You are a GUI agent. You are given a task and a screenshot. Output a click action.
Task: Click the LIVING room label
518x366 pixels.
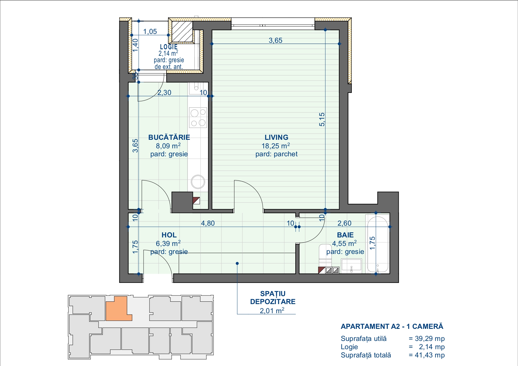pos(276,137)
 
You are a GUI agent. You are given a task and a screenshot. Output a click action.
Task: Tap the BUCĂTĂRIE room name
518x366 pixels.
pos(169,137)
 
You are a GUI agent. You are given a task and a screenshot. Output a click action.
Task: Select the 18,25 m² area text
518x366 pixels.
pos(276,146)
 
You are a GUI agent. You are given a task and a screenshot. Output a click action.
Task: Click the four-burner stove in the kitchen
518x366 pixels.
pos(198,117)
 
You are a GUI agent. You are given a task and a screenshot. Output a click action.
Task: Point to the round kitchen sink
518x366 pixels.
pos(198,182)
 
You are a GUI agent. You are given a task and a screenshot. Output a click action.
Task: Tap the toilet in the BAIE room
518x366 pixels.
pos(325,253)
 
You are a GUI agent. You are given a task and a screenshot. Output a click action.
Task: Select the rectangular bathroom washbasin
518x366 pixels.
pos(351,265)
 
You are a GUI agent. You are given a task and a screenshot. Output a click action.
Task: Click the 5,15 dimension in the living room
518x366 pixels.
pos(322,119)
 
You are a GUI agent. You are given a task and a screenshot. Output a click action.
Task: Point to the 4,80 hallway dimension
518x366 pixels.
pos(208,223)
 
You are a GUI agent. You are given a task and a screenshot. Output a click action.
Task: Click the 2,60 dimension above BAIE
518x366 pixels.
pos(344,223)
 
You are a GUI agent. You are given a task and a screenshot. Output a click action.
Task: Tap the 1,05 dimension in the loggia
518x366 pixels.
pos(150,32)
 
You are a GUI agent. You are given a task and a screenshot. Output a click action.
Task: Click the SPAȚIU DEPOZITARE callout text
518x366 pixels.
pos(273,298)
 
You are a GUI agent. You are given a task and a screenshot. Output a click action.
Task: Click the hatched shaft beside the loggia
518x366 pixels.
pos(182,31)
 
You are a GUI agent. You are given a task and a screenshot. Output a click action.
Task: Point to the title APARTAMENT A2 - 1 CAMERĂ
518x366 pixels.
pos(392,326)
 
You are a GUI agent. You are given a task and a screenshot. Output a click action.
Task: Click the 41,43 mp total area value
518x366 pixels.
pos(430,355)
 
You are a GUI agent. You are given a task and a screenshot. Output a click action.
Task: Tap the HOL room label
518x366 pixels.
pos(169,235)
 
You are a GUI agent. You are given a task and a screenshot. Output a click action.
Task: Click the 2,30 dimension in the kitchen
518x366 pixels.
pos(164,93)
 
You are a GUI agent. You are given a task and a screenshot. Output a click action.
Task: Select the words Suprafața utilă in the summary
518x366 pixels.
pos(364,339)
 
